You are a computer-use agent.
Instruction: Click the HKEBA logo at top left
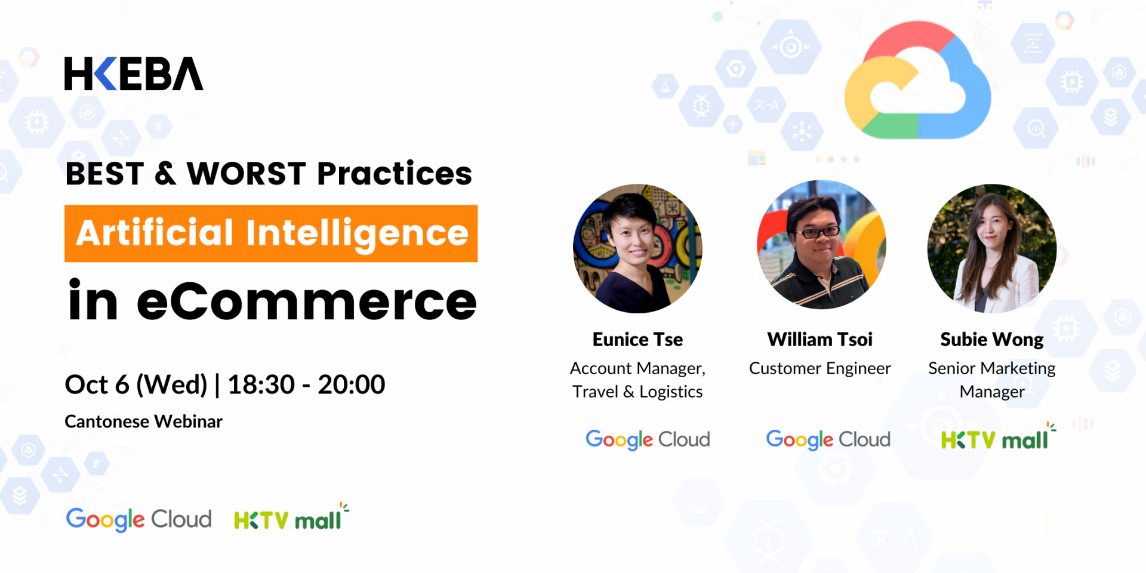click(x=134, y=74)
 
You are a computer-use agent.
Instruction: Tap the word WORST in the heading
click(x=247, y=174)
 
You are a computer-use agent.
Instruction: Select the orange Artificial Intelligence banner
click(x=271, y=233)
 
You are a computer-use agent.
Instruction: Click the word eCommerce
click(x=307, y=301)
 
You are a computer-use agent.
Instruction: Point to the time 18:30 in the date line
click(x=261, y=384)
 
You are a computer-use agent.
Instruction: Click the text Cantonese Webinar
click(x=143, y=421)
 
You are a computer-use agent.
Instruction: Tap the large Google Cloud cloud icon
click(x=917, y=80)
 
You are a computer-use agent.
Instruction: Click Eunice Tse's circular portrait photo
click(x=637, y=248)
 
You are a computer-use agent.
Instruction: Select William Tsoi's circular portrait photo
click(x=821, y=245)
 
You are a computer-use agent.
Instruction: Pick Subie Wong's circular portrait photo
click(x=992, y=248)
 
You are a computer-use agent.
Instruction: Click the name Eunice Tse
click(x=637, y=339)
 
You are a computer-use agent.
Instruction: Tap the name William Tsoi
click(x=820, y=339)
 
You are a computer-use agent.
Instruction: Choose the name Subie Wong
click(x=992, y=340)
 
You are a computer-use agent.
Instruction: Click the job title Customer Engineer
click(x=820, y=368)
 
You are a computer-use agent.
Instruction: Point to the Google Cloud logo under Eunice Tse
click(x=648, y=440)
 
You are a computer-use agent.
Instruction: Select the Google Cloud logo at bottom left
click(x=138, y=519)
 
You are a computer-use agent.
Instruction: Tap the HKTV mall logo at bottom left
click(x=291, y=517)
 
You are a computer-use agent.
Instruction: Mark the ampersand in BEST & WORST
click(x=165, y=174)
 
